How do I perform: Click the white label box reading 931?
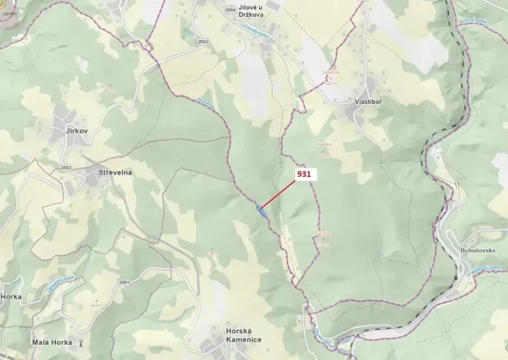(x=304, y=175)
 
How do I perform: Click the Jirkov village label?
(x=71, y=132)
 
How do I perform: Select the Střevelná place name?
(x=115, y=172)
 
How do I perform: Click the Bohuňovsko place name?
(x=485, y=250)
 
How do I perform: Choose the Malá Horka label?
(x=51, y=342)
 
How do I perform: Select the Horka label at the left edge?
(x=11, y=296)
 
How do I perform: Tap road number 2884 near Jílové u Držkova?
(x=231, y=9)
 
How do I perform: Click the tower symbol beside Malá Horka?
(x=82, y=342)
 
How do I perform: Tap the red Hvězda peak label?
(x=321, y=232)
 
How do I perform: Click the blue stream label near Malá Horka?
(x=55, y=283)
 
